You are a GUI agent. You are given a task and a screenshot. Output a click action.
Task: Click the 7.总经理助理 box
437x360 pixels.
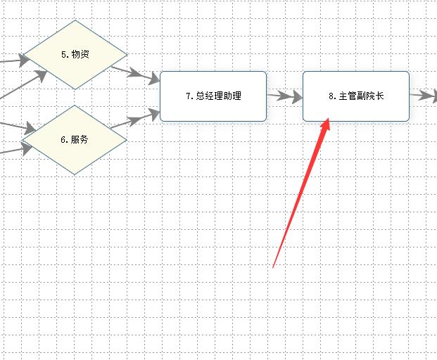coord(213,96)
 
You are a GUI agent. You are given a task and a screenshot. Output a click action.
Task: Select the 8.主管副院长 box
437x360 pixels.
coord(356,96)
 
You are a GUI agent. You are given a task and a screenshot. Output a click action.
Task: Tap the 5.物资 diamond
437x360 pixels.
coord(75,54)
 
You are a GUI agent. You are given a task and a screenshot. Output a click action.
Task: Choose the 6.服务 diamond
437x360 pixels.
coord(75,139)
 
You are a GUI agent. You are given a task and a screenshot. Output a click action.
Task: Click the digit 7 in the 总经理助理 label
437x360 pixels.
coord(189,96)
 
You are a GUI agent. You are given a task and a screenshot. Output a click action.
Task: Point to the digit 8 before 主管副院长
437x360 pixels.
coord(331,96)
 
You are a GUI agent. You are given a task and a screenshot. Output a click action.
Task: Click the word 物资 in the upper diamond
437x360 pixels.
coord(80,54)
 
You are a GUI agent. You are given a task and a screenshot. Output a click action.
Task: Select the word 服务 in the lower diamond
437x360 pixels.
coord(80,139)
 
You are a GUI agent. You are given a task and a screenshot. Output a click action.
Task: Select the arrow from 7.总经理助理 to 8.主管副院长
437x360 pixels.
coord(281,96)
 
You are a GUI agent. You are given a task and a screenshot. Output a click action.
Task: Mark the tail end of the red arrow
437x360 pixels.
coord(273,266)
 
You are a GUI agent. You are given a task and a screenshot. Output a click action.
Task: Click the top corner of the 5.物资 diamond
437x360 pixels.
coord(75,20)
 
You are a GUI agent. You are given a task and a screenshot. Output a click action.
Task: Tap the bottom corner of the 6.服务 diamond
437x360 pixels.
coord(75,174)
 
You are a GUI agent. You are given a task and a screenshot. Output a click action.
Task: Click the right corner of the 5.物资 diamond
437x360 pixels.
coord(126,54)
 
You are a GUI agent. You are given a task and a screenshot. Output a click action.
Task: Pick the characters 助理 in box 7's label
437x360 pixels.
coord(232,96)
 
